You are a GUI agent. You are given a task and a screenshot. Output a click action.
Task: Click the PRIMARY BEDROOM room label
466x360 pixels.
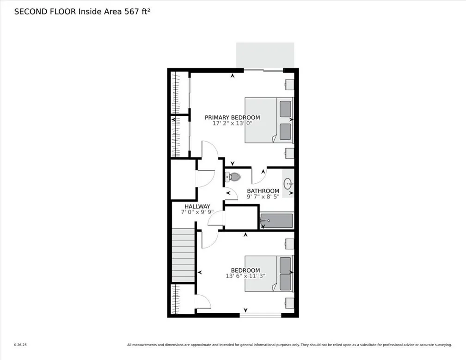(232, 118)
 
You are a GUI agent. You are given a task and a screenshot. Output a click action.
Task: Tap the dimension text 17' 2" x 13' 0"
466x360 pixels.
(232, 124)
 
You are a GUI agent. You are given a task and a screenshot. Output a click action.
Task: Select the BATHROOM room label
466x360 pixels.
(263, 191)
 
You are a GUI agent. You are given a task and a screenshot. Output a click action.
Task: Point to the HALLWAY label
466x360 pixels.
(197, 206)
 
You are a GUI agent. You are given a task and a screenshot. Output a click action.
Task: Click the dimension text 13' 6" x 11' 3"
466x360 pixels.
(245, 276)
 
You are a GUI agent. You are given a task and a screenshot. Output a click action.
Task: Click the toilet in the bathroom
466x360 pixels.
(233, 176)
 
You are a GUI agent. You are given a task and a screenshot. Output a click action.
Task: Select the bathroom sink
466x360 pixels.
(288, 184)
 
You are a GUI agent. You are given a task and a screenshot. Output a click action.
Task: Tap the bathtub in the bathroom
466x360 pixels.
(276, 220)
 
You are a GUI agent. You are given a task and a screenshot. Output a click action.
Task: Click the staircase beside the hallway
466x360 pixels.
(183, 255)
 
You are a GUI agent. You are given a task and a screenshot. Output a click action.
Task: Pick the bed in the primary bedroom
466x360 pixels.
(269, 120)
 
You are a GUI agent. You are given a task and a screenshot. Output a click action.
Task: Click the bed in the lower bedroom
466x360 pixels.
(269, 273)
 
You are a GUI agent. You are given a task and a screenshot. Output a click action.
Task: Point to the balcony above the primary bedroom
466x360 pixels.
(265, 55)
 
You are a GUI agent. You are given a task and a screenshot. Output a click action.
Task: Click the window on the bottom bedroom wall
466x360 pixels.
(260, 315)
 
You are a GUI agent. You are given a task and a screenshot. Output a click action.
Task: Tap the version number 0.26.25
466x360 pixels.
(21, 344)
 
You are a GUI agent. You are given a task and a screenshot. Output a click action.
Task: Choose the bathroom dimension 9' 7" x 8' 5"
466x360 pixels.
(263, 197)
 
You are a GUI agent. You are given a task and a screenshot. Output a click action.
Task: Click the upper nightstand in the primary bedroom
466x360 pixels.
(289, 85)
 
